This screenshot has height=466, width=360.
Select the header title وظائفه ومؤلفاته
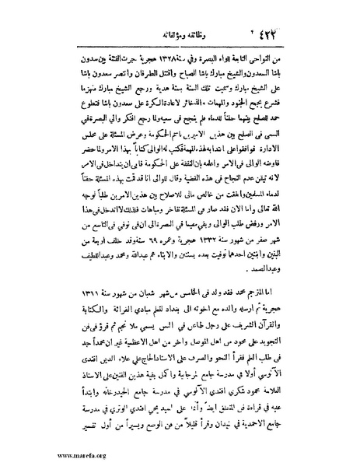177,34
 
